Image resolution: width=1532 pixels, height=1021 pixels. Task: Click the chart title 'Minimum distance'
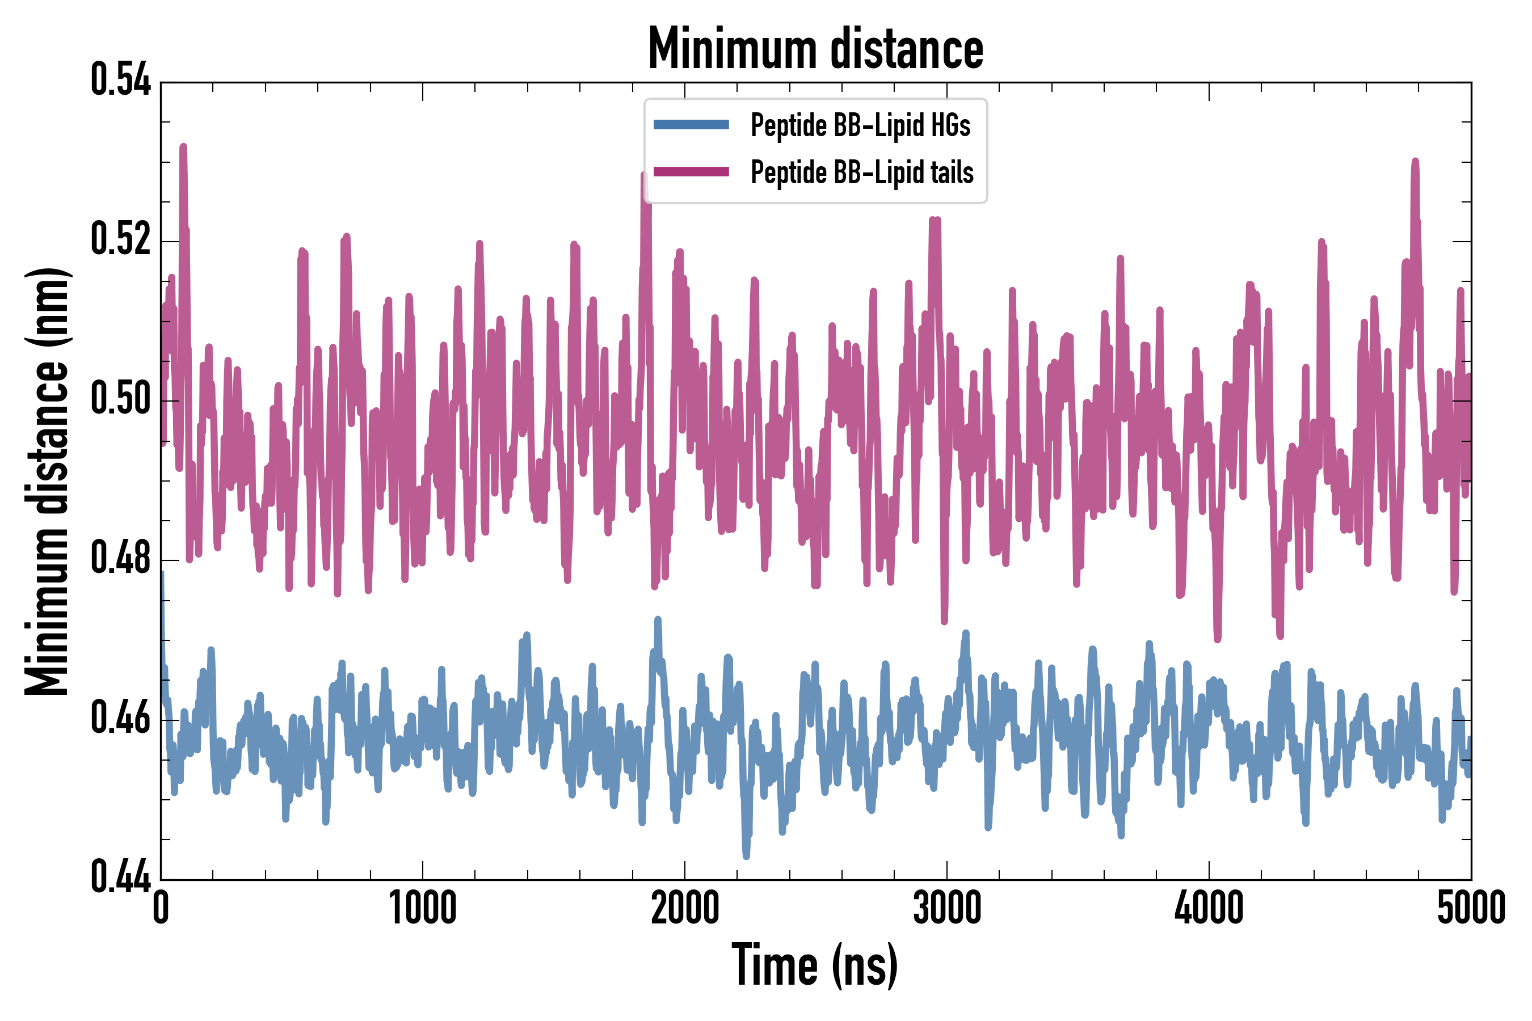pyautogui.click(x=815, y=49)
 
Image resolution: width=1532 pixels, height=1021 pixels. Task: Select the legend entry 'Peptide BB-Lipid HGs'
pyautogui.click(x=860, y=125)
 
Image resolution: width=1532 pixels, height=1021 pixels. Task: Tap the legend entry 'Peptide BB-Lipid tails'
pyautogui.click(x=862, y=172)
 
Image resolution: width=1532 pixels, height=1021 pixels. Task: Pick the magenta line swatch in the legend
pyautogui.click(x=691, y=172)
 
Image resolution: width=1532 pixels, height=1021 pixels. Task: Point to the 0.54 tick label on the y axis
pyautogui.click(x=120, y=80)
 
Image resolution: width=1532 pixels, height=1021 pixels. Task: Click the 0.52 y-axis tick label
pyautogui.click(x=120, y=239)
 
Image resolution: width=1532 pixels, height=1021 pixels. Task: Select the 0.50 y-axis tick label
pyautogui.click(x=120, y=399)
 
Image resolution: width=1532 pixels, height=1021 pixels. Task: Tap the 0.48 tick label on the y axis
pyautogui.click(x=120, y=558)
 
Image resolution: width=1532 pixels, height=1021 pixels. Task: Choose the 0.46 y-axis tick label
pyautogui.click(x=120, y=718)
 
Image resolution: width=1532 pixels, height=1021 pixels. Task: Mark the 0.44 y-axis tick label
pyautogui.click(x=120, y=876)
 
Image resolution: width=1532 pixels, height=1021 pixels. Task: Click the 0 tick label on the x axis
pyautogui.click(x=161, y=908)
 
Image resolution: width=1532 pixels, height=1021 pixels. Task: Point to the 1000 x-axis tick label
pyautogui.click(x=423, y=908)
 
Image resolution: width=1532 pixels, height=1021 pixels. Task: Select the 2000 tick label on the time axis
pyautogui.click(x=685, y=908)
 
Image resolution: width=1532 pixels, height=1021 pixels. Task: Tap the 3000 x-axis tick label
pyautogui.click(x=946, y=908)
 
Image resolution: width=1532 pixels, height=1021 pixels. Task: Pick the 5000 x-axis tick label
pyautogui.click(x=1471, y=908)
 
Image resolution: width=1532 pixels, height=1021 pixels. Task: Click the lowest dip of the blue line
pyautogui.click(x=746, y=855)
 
